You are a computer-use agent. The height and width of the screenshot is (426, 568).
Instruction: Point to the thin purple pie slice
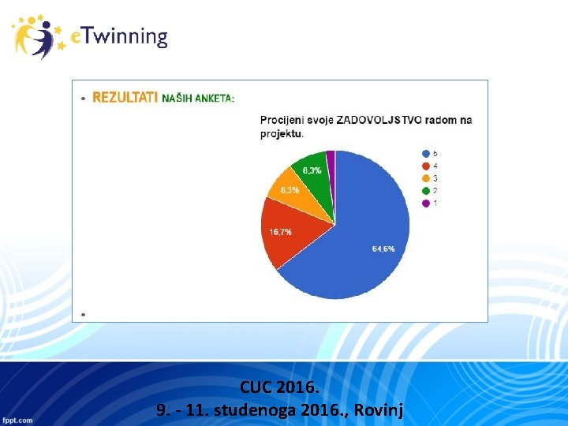pos(331,159)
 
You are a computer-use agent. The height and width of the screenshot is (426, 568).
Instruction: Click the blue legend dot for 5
pos(427,153)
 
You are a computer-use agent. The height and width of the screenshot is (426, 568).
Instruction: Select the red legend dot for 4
pos(427,166)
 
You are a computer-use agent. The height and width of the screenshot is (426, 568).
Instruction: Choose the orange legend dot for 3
pos(427,178)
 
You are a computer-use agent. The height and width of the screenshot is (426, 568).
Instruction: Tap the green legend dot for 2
pos(427,191)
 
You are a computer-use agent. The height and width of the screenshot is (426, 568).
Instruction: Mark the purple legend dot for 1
pos(427,204)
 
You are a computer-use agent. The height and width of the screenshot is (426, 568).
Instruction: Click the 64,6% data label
pos(383,249)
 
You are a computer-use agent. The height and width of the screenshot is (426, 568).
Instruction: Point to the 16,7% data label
pos(281,232)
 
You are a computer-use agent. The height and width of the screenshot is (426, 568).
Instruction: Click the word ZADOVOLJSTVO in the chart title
pos(379,120)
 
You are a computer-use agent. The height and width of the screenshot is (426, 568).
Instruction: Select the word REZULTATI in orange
pos(125,98)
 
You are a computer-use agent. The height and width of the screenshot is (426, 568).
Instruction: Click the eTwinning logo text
pos(119,37)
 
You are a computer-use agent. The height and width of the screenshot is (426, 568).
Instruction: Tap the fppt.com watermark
pos(17,420)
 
